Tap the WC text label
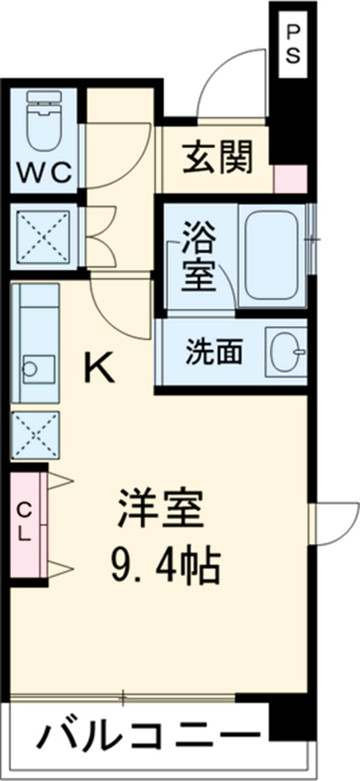[x=44, y=175]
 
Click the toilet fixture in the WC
[x=44, y=121]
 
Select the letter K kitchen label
[x=98, y=368]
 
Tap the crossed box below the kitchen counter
[x=35, y=436]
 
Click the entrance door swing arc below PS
[x=232, y=85]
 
